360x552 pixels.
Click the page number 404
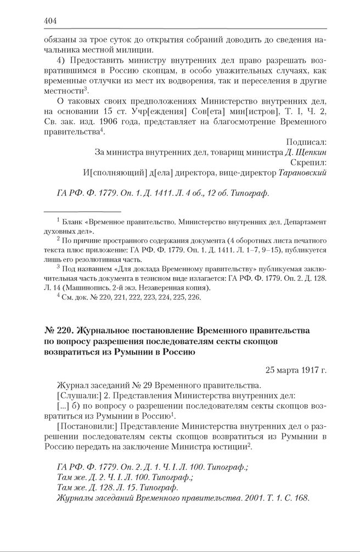point(50,21)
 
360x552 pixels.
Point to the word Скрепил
point(310,163)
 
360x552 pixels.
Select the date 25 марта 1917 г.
point(296,370)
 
